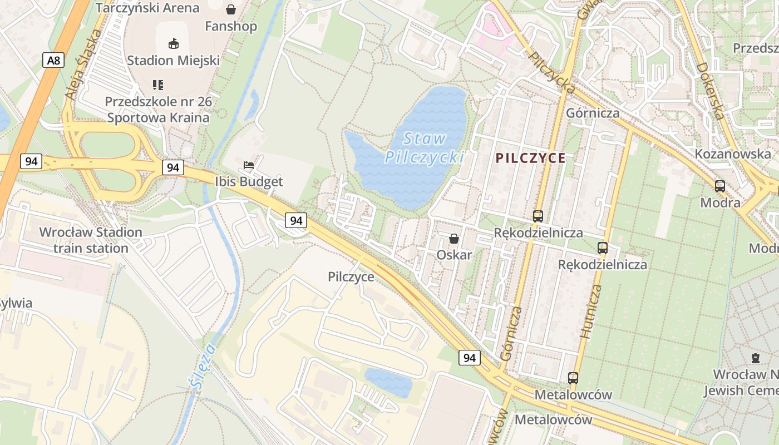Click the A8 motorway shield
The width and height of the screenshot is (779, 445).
(53, 60)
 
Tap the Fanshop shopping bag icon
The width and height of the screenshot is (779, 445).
(231, 9)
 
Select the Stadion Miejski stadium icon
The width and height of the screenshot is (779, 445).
(173, 43)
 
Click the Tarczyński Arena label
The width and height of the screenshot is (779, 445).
(147, 8)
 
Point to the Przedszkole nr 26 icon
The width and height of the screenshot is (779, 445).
(158, 85)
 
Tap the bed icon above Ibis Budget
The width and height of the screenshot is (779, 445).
(249, 165)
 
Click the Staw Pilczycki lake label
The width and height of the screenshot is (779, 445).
(424, 148)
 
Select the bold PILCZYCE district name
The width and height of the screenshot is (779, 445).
(530, 158)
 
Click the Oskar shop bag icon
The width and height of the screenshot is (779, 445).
(454, 239)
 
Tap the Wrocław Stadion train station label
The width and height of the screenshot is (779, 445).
(91, 240)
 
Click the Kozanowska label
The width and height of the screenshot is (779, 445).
(732, 154)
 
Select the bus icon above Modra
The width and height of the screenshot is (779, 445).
(720, 186)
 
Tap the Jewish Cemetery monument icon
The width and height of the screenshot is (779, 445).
(755, 358)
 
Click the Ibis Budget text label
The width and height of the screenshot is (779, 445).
(249, 182)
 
